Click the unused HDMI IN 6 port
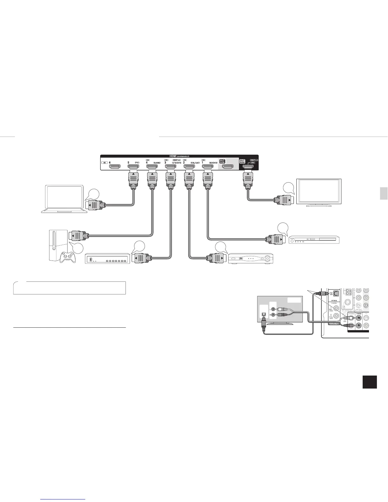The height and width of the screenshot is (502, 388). click(115, 166)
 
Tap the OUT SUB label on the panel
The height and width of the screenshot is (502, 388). click(222, 162)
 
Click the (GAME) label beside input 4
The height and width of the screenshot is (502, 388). click(157, 163)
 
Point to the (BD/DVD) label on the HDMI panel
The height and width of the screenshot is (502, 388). click(213, 163)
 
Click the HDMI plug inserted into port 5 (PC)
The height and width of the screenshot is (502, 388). click(133, 179)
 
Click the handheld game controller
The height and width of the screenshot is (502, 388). click(68, 256)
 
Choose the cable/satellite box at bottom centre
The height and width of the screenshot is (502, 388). click(251, 258)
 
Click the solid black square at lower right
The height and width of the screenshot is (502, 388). click(370, 382)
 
